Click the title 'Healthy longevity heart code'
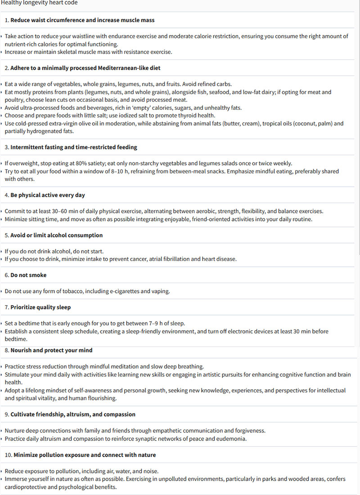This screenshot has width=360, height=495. coord(39,3)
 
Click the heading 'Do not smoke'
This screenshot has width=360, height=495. coord(28,275)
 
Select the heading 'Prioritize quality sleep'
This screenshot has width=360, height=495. coord(40,307)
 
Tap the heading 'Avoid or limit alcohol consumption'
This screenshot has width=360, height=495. coord(57,235)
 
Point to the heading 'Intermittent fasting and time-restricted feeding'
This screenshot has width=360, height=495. coord(74,147)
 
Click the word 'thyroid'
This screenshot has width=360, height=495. coord(176,115)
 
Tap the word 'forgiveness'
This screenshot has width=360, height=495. coord(249,431)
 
